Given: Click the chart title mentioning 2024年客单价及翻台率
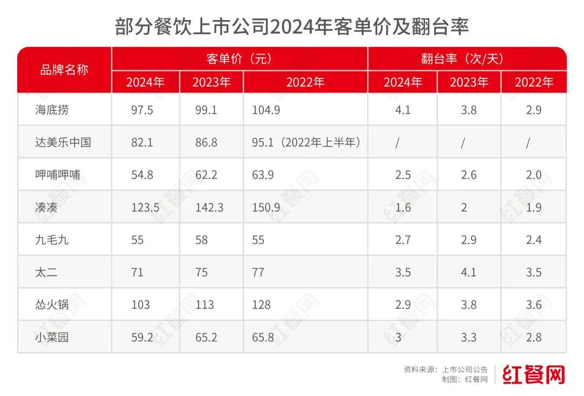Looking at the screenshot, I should pyautogui.click(x=291, y=26).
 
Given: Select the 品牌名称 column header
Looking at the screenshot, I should pyautogui.click(x=64, y=70).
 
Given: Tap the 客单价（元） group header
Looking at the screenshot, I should pyautogui.click(x=239, y=58).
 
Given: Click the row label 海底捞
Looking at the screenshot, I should pyautogui.click(x=51, y=110).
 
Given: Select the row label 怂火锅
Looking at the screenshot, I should pyautogui.click(x=51, y=305).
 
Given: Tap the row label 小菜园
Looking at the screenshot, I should pyautogui.click(x=51, y=337).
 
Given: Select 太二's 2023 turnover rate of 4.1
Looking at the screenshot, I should pyautogui.click(x=469, y=272).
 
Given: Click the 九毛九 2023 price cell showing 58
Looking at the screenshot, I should pyautogui.click(x=202, y=240).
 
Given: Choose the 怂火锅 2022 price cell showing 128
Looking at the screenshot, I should pyautogui.click(x=261, y=305).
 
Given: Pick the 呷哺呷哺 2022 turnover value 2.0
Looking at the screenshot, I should pyautogui.click(x=534, y=175).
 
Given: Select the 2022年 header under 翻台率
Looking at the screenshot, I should pyautogui.click(x=534, y=82).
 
